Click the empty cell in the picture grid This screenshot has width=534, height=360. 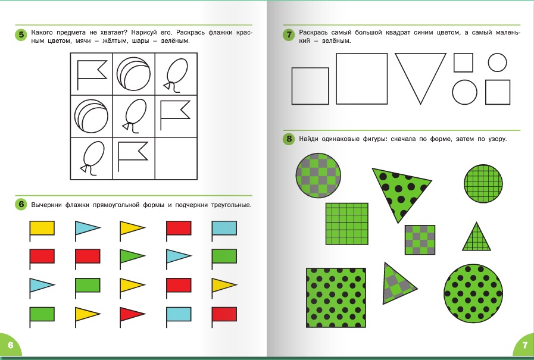tap(176, 158)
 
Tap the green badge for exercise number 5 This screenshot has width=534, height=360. tap(21, 35)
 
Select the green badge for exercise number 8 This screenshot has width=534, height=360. tap(289, 139)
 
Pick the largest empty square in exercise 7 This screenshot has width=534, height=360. tap(362, 79)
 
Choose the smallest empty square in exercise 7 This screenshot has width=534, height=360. tap(463, 62)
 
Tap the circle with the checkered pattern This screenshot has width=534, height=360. tap(318, 175)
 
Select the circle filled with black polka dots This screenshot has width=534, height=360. tap(473, 293)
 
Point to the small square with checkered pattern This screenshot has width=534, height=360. tap(420, 240)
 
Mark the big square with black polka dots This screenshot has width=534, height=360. tap(336, 298)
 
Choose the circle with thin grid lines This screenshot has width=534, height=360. tap(483, 184)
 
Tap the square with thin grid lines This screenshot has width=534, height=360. tap(346, 224)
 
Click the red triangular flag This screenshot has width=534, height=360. tap(132, 314)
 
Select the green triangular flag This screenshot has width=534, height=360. tap(132, 256)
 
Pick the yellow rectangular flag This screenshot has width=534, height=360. tap(42, 228)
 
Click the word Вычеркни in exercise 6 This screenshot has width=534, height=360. tap(46, 205)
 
